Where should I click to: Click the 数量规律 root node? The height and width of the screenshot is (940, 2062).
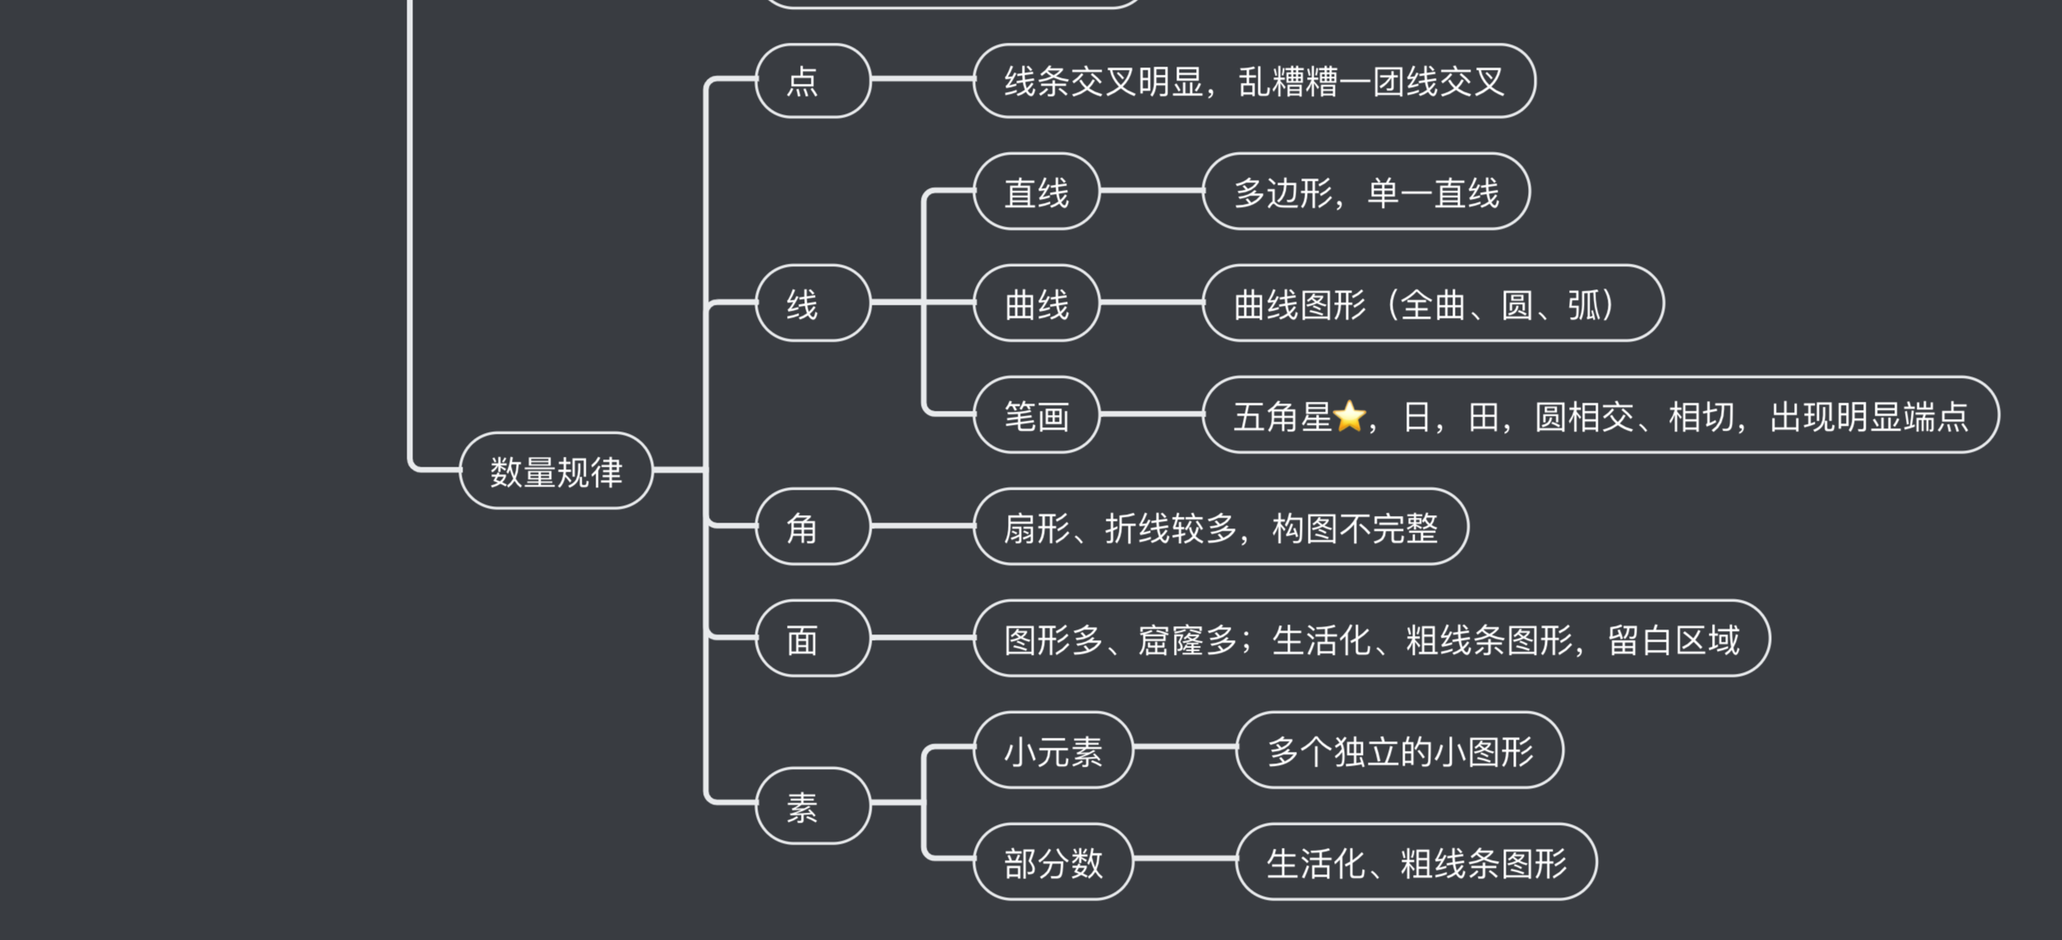tap(556, 471)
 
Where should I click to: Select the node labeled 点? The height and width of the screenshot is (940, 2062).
tap(812, 81)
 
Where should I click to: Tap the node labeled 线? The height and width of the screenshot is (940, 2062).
tap(812, 303)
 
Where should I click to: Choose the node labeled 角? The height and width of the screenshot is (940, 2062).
tap(812, 527)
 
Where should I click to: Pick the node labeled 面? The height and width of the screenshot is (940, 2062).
tap(812, 638)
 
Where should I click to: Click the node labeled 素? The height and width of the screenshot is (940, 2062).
tap(812, 806)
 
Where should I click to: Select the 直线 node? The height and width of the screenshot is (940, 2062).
tap(1036, 191)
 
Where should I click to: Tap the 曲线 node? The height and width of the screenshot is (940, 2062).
tap(1036, 303)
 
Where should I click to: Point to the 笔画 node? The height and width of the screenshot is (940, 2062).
tap(1036, 415)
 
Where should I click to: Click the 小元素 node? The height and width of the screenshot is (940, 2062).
tap(1052, 750)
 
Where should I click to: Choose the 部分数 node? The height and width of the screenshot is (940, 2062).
tap(1052, 862)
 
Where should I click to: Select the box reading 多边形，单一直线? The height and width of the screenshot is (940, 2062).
tap(1365, 191)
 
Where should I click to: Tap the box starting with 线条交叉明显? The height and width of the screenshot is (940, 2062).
tap(1254, 81)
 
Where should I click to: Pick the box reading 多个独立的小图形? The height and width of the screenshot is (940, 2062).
tap(1399, 750)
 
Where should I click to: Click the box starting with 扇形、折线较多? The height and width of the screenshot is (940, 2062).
tap(1220, 527)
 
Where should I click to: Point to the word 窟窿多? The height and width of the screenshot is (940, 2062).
tap(1187, 639)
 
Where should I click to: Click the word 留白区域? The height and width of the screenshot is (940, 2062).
tap(1673, 639)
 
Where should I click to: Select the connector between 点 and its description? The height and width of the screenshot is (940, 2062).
tap(922, 79)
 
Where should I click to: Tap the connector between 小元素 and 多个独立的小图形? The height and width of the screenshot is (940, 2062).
tap(1184, 747)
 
